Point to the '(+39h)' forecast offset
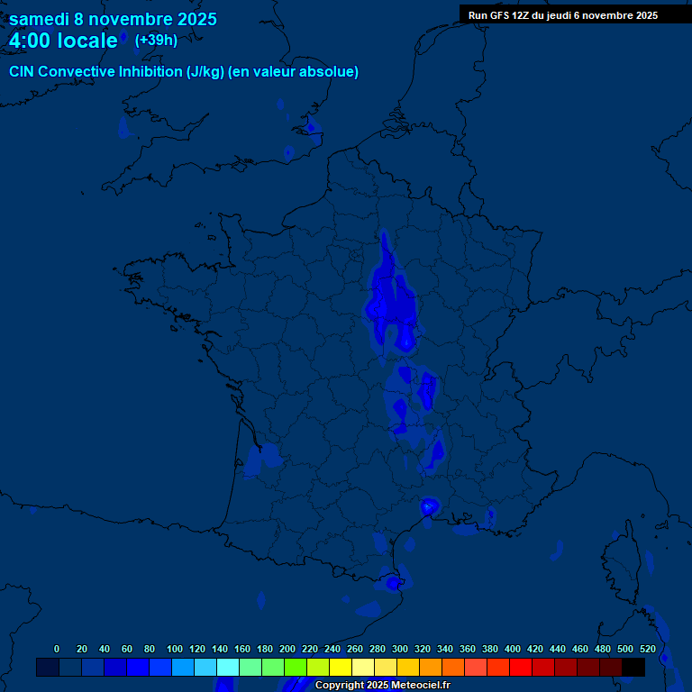click(x=156, y=40)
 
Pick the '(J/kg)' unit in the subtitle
click(x=205, y=72)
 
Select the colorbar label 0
click(x=57, y=649)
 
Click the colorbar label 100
click(x=175, y=649)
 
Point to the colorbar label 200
click(x=287, y=649)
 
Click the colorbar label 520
click(x=647, y=649)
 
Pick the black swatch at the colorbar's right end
click(x=633, y=668)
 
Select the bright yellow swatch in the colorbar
click(x=341, y=668)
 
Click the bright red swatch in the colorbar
click(x=521, y=668)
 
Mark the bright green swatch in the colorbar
click(x=296, y=668)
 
